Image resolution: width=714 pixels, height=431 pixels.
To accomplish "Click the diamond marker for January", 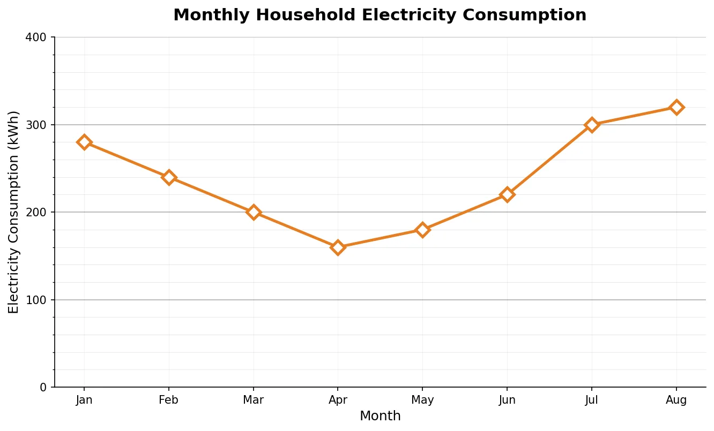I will (x=84, y=142).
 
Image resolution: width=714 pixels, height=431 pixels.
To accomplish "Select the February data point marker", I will (x=169, y=177).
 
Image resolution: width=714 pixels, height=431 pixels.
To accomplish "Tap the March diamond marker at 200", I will (x=254, y=212).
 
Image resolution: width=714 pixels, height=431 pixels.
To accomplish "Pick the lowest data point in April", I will (x=338, y=247).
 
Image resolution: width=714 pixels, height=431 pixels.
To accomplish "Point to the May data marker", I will (x=422, y=230).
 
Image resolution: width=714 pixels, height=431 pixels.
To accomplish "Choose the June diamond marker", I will (x=507, y=194).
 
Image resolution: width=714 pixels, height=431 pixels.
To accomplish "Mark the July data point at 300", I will (x=592, y=125).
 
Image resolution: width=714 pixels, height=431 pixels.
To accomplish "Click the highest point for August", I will (x=676, y=107).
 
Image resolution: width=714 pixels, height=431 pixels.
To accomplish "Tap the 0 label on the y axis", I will (x=43, y=387).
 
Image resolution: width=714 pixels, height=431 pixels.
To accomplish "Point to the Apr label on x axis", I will (x=338, y=400).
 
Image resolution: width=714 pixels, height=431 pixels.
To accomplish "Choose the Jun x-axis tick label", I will (x=507, y=400).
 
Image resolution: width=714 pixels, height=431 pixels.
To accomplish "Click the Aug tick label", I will (x=676, y=400).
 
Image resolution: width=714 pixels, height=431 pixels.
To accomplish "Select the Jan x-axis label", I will (x=84, y=400).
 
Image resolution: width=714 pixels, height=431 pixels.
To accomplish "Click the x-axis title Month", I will (x=380, y=416).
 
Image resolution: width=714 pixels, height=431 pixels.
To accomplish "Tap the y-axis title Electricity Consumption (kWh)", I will (x=14, y=212).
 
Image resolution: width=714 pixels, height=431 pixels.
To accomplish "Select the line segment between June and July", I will (x=549, y=160).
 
